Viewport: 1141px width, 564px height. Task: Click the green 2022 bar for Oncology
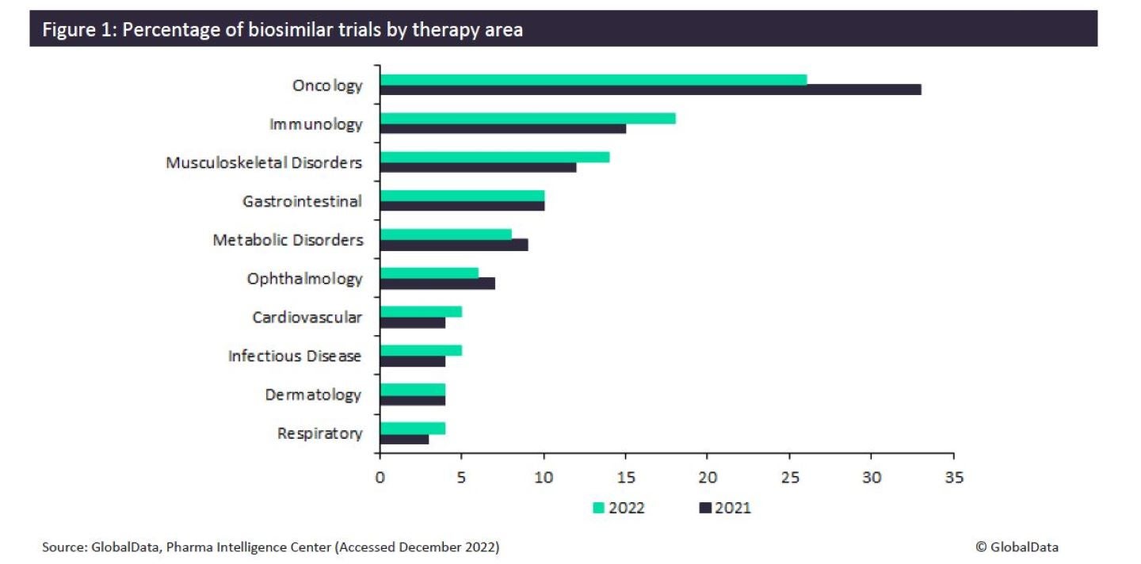[593, 79]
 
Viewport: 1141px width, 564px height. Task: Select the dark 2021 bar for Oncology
[651, 90]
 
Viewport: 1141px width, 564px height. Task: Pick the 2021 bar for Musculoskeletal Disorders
[479, 167]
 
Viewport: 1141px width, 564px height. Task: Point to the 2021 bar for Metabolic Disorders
[454, 245]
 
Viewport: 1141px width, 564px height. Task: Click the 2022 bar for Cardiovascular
[421, 311]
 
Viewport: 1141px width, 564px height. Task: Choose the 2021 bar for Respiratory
[405, 439]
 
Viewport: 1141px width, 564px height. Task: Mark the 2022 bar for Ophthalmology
[429, 272]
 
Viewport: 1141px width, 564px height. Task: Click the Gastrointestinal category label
[302, 201]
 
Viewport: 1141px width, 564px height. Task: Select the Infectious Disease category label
[295, 356]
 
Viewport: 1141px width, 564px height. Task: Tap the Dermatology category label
[313, 394]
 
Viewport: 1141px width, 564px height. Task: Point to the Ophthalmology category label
[304, 279]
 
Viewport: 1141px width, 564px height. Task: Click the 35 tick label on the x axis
[953, 478]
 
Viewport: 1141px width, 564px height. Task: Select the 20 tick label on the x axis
[708, 478]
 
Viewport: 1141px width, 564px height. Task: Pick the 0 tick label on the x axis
[380, 478]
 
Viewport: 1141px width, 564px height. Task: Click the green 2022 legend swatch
[598, 508]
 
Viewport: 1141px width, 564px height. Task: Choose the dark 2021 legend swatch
[704, 508]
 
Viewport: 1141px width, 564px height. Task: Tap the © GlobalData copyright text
[1017, 547]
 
